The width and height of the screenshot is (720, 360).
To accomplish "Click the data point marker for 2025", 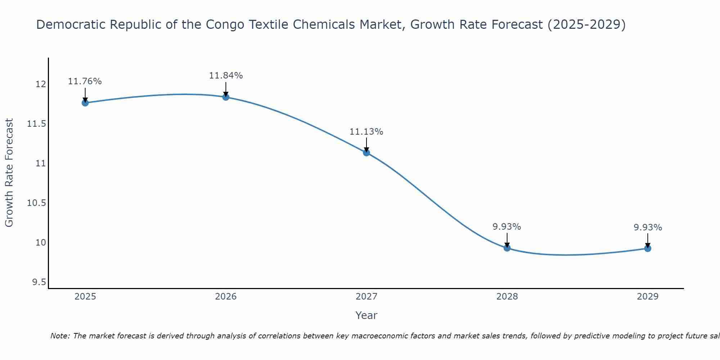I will click(x=85, y=103).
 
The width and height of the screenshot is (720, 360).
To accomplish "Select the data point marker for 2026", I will click(x=226, y=97).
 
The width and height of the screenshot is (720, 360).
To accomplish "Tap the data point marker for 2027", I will click(x=366, y=153).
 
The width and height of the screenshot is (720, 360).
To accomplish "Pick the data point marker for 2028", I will click(x=507, y=248).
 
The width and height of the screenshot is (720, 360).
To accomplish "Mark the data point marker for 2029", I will click(x=648, y=248).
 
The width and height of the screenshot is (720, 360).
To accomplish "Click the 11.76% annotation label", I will click(x=85, y=81).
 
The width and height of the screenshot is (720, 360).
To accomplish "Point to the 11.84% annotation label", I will click(x=226, y=76).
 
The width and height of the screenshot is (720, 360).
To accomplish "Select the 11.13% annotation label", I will click(x=366, y=132).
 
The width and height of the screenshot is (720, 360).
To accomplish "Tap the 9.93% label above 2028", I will click(x=507, y=227).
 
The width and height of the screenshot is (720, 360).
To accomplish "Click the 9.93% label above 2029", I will click(x=648, y=228).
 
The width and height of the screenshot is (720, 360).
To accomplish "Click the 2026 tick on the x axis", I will click(x=226, y=297).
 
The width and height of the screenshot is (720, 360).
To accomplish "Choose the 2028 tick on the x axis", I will click(x=507, y=297).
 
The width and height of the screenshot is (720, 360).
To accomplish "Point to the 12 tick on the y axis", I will click(x=41, y=84).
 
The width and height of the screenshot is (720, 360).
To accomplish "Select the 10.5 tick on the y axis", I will click(x=37, y=203).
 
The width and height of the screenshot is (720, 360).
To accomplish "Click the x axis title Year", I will click(x=366, y=315).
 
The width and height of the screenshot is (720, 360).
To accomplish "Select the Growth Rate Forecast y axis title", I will click(x=9, y=173).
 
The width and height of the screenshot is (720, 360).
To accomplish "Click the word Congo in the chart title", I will click(x=223, y=24).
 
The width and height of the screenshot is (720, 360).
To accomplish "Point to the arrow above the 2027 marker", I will click(x=366, y=145).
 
